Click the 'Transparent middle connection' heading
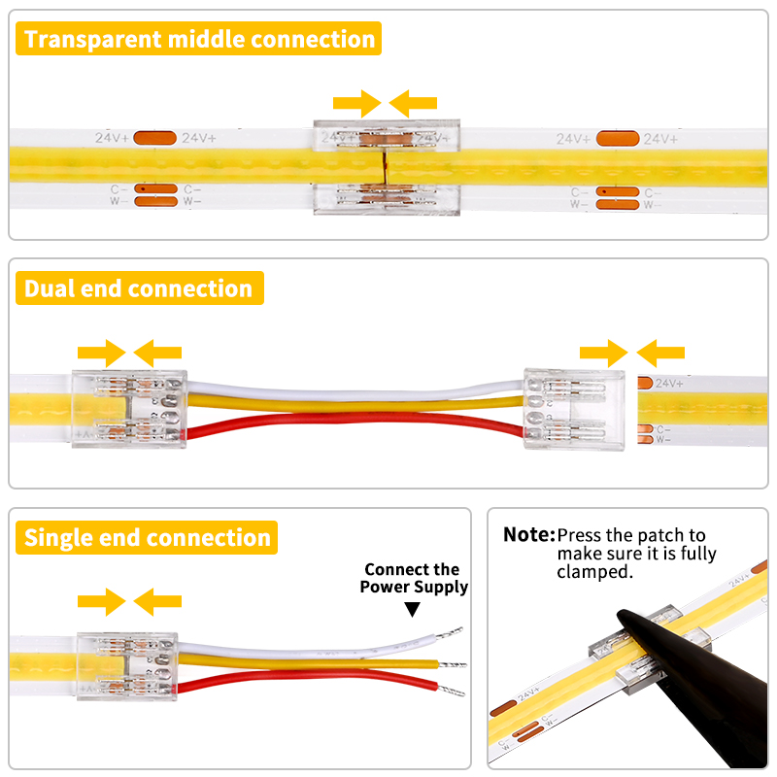(199, 40)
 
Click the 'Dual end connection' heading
(138, 288)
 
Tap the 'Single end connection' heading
(147, 537)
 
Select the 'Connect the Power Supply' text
(413, 578)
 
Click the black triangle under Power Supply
(413, 609)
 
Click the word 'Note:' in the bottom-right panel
(529, 534)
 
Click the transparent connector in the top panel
(386, 167)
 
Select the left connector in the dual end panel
(129, 410)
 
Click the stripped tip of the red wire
(453, 693)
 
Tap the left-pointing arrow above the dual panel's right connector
(660, 353)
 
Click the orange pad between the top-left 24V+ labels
(154, 138)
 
